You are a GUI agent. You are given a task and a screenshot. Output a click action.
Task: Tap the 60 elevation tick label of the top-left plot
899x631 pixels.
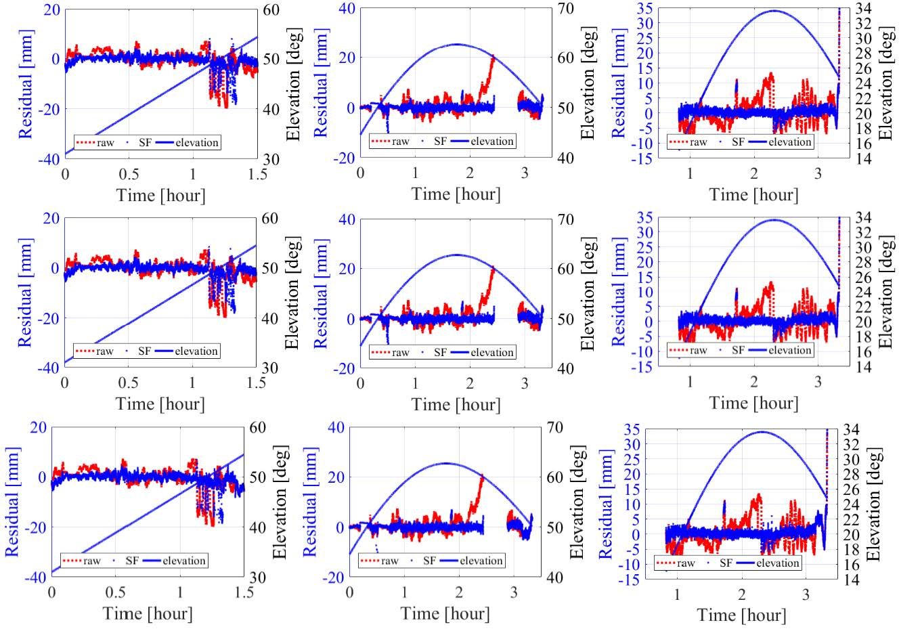point(270,9)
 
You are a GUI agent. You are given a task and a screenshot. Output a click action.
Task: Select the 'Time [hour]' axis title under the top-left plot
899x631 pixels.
point(160,195)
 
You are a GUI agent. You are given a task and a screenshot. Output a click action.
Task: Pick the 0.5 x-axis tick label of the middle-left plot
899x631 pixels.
point(129,383)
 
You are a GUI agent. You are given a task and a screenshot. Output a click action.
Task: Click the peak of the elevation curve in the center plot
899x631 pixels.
point(456,255)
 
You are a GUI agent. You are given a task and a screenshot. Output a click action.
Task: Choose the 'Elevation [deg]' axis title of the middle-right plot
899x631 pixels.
point(886,292)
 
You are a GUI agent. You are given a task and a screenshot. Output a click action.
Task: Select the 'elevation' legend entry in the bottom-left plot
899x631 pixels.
point(183,561)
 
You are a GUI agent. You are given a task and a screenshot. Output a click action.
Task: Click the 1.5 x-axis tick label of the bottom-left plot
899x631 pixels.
point(244,592)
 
